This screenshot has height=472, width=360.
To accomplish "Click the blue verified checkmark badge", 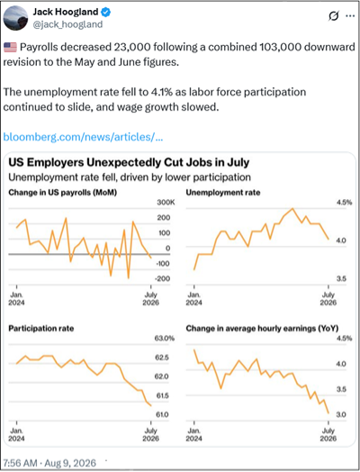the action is click(x=106, y=12).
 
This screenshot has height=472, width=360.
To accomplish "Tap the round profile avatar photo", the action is click(x=15, y=17).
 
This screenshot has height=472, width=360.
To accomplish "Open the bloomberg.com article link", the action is click(x=83, y=137).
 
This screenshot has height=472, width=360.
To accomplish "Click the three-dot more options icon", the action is click(x=350, y=16).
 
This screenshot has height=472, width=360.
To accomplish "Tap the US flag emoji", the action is click(x=10, y=47).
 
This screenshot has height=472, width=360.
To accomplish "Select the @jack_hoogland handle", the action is click(x=67, y=24).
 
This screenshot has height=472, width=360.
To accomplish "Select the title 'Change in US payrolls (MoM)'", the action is click(x=63, y=193).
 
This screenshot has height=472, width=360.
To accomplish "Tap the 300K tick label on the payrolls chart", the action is click(x=166, y=203).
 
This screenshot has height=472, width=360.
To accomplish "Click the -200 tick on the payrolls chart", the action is click(x=162, y=278).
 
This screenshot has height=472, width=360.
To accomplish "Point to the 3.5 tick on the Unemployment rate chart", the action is click(x=341, y=278).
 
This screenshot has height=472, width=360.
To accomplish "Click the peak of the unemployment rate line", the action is click(x=292, y=208).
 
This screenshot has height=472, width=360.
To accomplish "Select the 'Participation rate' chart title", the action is click(x=41, y=329).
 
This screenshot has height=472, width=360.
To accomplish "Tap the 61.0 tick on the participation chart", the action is click(x=162, y=415).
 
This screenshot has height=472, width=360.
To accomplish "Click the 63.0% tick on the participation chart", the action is click(x=165, y=339).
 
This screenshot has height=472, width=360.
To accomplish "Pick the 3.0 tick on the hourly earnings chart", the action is click(x=341, y=415).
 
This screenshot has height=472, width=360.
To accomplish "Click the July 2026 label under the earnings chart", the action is click(x=328, y=434).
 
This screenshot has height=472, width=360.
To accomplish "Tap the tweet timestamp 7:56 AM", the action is click(x=20, y=463).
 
